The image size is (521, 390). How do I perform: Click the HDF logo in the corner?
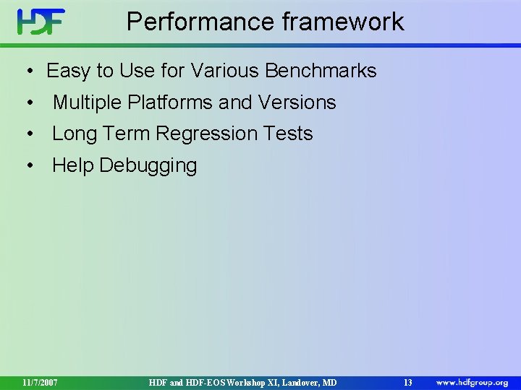click(41, 22)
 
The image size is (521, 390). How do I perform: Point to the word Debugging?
click(148, 166)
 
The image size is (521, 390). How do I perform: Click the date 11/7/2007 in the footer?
click(40, 381)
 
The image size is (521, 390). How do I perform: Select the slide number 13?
click(407, 381)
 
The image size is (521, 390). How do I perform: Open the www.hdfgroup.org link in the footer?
click(471, 381)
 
